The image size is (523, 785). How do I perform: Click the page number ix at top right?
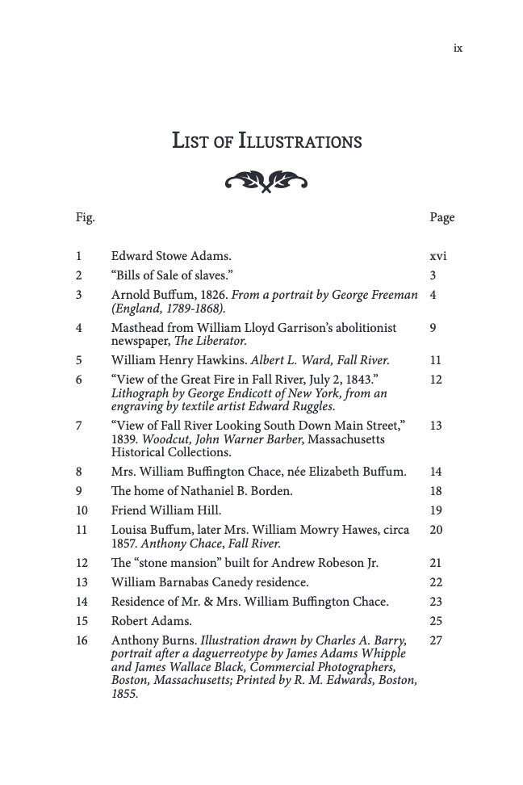point(458,48)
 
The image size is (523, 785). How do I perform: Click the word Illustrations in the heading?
point(300,141)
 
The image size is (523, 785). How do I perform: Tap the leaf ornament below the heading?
point(266,181)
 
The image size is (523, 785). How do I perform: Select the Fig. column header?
point(85,217)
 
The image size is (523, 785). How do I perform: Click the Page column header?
point(442,217)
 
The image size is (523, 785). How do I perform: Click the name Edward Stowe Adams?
point(160,257)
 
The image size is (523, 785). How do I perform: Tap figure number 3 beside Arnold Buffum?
point(79,295)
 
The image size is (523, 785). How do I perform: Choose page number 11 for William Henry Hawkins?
point(437,360)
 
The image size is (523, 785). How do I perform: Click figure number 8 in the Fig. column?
point(79,472)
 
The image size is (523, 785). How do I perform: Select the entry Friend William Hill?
point(165,510)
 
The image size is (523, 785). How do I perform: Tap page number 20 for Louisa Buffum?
point(437,530)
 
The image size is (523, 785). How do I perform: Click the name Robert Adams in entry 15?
point(151,621)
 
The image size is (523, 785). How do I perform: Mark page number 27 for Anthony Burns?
point(437,640)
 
